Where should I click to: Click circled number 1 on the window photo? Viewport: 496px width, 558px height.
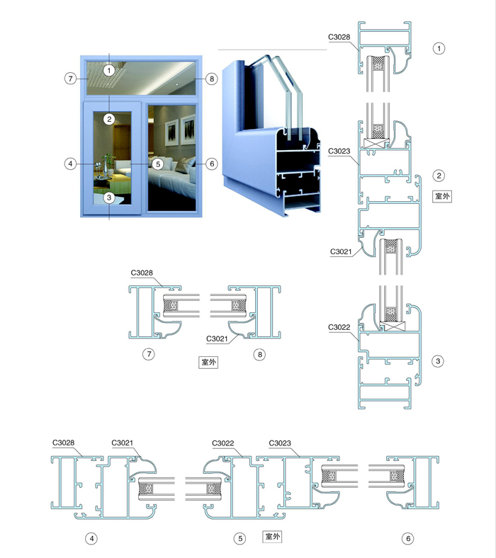tap(109, 69)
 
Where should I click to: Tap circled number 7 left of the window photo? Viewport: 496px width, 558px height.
tap(69, 79)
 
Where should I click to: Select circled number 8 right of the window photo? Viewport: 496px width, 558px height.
tap(210, 79)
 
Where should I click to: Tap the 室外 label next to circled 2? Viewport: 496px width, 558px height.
tap(441, 197)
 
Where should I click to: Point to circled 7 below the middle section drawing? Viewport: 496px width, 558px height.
tap(149, 355)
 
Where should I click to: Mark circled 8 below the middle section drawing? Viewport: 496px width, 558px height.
tap(260, 355)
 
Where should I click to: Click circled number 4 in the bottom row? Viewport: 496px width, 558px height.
tap(91, 539)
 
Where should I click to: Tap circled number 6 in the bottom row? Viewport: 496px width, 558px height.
tap(407, 539)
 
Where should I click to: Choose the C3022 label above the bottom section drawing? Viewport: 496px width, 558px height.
tap(224, 444)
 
